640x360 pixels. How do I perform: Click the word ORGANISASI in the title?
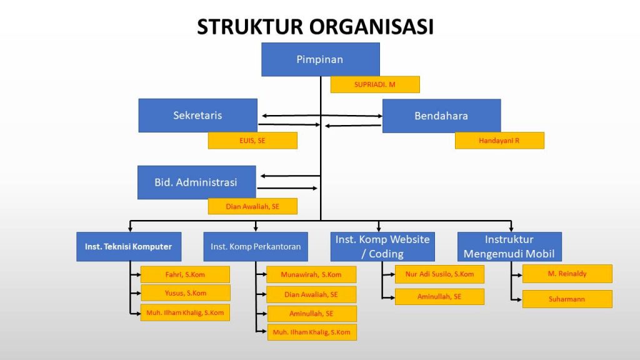pos(371,27)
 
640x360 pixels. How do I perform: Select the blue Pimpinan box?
pos(321,59)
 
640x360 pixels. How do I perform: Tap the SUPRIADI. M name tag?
pos(375,84)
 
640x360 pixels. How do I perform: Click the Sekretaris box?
pos(197,116)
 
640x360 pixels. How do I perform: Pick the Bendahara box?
pos(442,116)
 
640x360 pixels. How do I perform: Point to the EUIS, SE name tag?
pos(252,141)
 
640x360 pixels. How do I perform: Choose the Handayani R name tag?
pos(499,141)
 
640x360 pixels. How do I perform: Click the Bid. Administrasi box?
pos(197,182)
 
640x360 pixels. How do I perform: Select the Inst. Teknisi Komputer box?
pos(129,246)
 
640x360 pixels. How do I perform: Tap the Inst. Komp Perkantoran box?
pos(256,246)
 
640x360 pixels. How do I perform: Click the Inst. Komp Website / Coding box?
pos(382,246)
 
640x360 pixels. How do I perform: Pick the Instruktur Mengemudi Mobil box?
pos(509,246)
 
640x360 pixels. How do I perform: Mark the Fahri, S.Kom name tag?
pos(185,275)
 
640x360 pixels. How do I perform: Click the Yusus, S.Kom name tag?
pos(185,293)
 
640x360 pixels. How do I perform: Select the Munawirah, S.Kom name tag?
pos(311,275)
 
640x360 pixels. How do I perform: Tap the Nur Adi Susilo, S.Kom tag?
pos(439,274)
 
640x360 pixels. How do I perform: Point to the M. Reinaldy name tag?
pos(567,274)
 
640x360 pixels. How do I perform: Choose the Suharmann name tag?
pos(567,299)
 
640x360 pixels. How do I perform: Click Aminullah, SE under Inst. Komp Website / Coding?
pos(439,297)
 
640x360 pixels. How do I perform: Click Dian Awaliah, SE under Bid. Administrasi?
pos(252,206)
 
